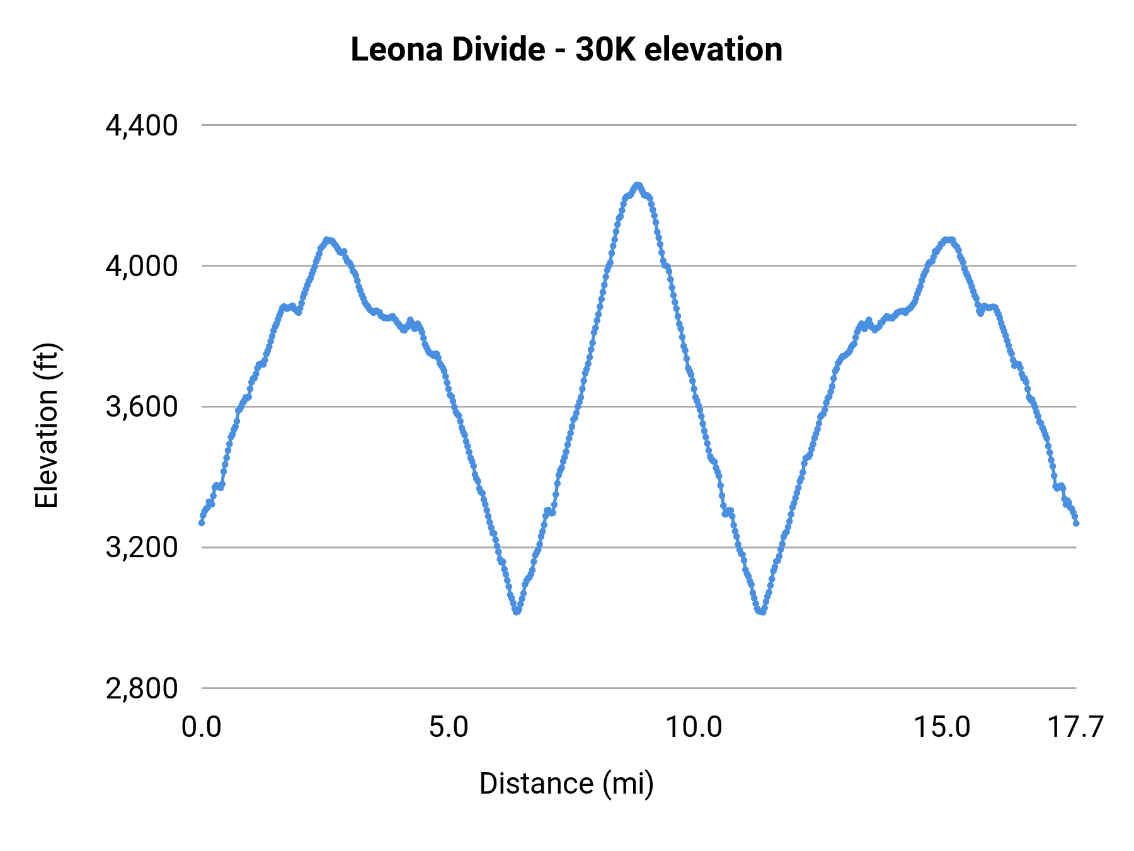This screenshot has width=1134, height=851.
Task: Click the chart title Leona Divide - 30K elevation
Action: [x=566, y=49]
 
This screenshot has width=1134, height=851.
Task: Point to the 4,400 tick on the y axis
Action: [x=142, y=126]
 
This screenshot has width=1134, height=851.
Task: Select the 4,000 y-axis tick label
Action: [x=142, y=267]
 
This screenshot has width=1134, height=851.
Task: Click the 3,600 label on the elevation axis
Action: [x=142, y=407]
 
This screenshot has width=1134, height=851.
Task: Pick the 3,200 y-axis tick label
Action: [x=142, y=548]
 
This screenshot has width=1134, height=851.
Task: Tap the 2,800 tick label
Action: [x=142, y=688]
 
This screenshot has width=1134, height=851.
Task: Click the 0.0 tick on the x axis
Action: [x=202, y=727]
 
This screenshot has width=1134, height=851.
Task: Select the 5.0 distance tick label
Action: [x=449, y=727]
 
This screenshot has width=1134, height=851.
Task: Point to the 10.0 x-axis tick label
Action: [x=694, y=727]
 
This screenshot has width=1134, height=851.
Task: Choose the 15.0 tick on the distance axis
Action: [x=942, y=727]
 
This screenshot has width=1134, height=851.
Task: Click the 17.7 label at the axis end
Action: [x=1075, y=727]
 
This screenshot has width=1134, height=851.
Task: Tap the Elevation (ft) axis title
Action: [x=47, y=425]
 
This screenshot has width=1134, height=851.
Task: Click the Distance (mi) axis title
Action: [x=566, y=784]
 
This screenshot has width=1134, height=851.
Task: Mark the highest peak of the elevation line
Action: [x=638, y=185]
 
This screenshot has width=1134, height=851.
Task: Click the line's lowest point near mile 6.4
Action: [x=517, y=611]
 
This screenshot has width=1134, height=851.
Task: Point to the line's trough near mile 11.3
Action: [x=762, y=611]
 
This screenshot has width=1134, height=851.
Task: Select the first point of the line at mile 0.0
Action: [x=202, y=523]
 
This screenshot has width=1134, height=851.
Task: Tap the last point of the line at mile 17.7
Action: [x=1076, y=523]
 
